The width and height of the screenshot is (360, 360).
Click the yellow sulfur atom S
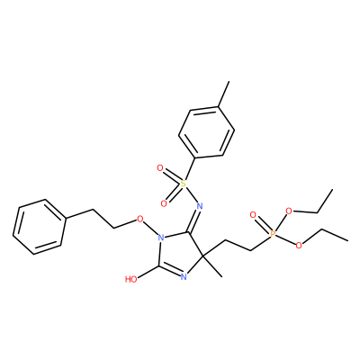183,184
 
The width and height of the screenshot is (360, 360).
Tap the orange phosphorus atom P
273,234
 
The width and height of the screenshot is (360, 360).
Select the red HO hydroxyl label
131,280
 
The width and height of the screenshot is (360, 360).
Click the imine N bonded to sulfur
200,206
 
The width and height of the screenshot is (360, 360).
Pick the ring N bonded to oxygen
161,238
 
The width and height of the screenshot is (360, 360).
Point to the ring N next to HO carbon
184,276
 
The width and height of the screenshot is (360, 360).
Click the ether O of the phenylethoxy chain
139,220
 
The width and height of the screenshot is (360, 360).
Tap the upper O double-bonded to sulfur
160,168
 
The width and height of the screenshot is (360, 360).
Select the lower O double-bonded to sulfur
164,203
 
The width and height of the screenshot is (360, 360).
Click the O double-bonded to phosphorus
253,215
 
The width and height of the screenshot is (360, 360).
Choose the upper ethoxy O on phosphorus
289,211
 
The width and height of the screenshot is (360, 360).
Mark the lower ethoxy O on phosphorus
299,246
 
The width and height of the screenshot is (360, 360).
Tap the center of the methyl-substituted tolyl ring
207,132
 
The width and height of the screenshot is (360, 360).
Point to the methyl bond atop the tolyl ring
224,94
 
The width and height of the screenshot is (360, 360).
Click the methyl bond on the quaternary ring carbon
212,266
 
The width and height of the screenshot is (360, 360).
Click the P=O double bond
262,224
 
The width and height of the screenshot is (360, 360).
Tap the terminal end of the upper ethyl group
333,190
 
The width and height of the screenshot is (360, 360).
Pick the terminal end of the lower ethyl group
348,240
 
